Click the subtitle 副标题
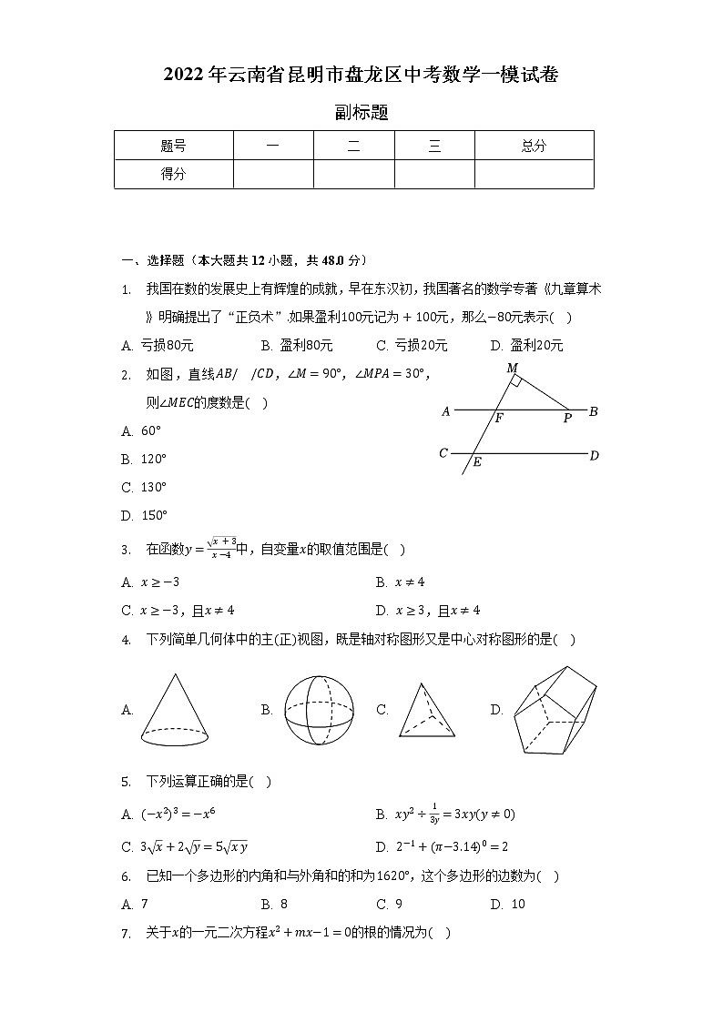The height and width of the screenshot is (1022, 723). point(361,113)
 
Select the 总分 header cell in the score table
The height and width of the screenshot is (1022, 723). point(534,146)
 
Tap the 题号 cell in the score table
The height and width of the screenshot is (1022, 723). point(173,146)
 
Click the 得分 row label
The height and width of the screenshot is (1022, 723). point(173,174)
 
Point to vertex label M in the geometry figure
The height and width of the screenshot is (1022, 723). point(512,368)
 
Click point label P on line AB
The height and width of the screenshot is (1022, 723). point(567,419)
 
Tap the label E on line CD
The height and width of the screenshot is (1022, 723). point(477,462)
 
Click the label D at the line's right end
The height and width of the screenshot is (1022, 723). point(594,455)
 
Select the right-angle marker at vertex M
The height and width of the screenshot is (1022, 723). point(516,379)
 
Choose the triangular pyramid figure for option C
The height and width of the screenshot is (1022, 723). point(425,711)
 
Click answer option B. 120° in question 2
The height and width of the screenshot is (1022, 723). point(144,459)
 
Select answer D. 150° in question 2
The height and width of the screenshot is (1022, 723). point(144,515)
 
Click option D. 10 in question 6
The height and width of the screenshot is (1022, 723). point(508,904)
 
